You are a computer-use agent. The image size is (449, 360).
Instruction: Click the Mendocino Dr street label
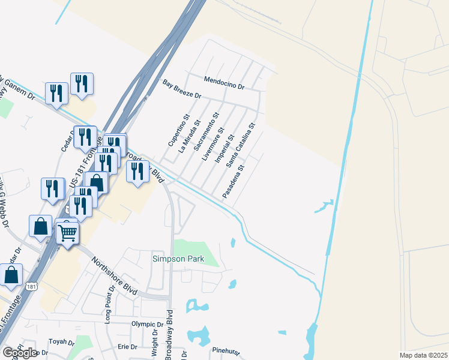click(x=224, y=83)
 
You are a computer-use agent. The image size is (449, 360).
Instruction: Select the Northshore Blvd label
click(x=114, y=276)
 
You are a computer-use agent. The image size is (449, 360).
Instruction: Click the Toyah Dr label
click(x=61, y=343)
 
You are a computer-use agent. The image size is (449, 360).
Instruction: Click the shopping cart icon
click(x=68, y=232)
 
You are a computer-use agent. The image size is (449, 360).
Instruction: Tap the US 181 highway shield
click(x=31, y=287)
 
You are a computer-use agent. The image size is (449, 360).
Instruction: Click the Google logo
click(x=20, y=353)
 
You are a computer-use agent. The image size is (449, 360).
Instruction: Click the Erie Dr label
click(x=128, y=347)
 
